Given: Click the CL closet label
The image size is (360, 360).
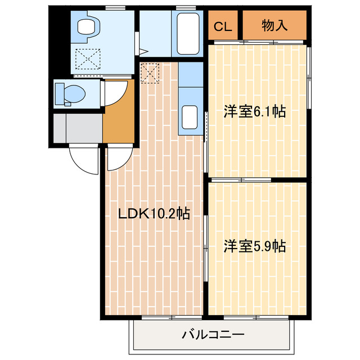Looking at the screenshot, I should (221, 26).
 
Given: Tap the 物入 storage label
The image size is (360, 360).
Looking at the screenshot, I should (274, 26).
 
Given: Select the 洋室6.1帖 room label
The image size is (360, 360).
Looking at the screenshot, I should (254, 111).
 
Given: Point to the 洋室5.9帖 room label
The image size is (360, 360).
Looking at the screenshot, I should (254, 246).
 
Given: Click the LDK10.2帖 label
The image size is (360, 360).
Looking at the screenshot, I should (153, 213).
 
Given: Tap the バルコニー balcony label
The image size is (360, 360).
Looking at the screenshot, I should (213, 335).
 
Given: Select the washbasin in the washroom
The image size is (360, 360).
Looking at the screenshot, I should (87, 26).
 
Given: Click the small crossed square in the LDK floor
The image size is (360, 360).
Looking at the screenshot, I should (150, 73).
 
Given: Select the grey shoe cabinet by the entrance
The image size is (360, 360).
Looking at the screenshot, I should (78, 128).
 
